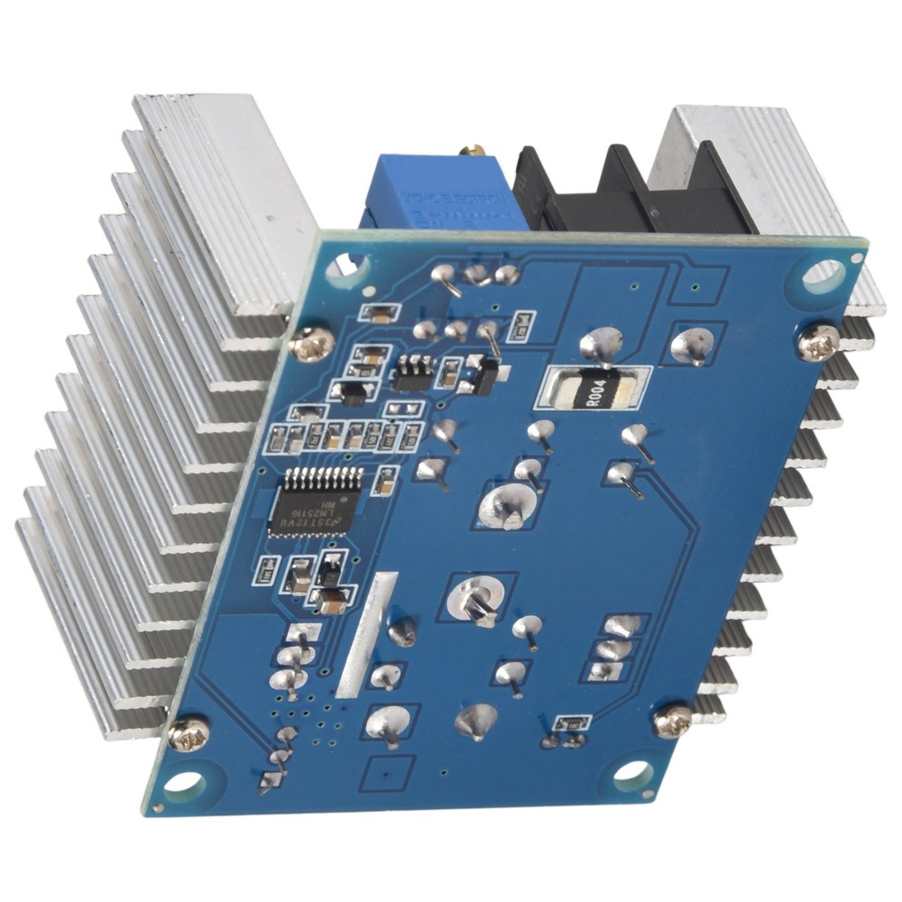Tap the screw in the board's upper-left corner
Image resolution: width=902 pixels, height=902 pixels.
pyautogui.click(x=314, y=343)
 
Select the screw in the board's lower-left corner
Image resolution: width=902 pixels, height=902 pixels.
pyautogui.click(x=189, y=735)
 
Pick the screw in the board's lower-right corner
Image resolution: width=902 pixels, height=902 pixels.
pyautogui.click(x=673, y=720)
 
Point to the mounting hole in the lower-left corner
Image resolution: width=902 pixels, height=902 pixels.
pyautogui.click(x=185, y=782)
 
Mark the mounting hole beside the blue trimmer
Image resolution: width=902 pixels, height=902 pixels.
pyautogui.click(x=340, y=266)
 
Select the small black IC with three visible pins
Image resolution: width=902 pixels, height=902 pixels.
pyautogui.click(x=412, y=372)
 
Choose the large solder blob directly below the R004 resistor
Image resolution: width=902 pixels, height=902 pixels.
pyautogui.click(x=507, y=505)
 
